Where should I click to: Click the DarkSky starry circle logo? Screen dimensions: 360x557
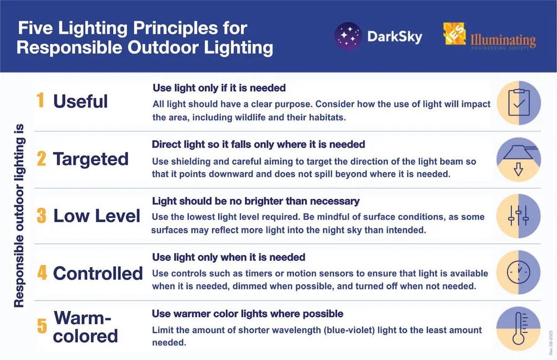pos(348,37)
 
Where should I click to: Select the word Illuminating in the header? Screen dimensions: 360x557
pos(504,40)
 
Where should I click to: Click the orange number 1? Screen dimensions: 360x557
pos(40,101)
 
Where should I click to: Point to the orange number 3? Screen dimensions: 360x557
pos(41,216)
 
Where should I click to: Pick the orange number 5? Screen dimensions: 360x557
pos(41,327)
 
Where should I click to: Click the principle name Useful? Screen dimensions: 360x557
pos(80,101)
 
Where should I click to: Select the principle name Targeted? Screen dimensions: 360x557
pos(91,159)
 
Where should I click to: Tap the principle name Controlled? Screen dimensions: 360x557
pos(98,273)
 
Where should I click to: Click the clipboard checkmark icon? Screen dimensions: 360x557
pos(518,103)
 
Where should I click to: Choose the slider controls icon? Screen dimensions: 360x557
pos(518,216)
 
